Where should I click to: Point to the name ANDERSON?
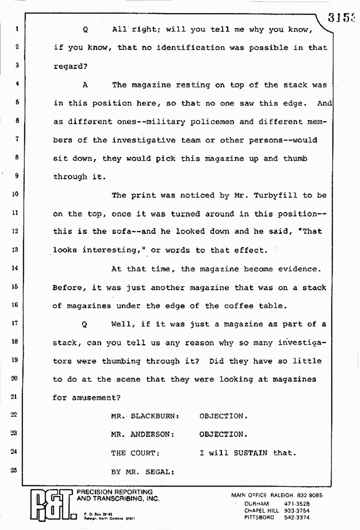click(152, 434)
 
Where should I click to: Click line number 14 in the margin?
click(14, 269)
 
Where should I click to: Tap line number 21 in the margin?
click(14, 397)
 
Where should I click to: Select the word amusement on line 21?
click(92, 398)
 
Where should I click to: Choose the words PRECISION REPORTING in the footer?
click(113, 492)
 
